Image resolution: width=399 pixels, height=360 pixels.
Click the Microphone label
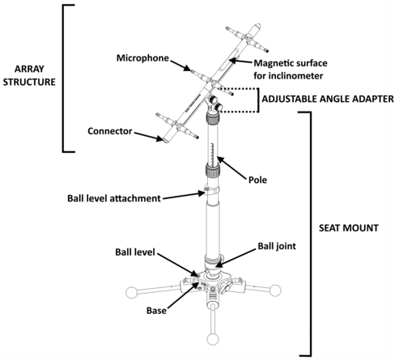[x=142, y=58]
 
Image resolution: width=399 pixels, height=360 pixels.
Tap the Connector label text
[x=110, y=131]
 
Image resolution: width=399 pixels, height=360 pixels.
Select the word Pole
[x=257, y=180]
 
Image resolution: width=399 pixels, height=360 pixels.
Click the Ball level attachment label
[x=114, y=198]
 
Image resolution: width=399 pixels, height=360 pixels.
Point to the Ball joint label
[x=277, y=246]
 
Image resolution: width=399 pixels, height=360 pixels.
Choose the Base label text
[x=156, y=311]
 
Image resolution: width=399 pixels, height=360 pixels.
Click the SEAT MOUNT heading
[x=349, y=228]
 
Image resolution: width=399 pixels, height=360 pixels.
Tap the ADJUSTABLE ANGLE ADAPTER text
[x=328, y=99]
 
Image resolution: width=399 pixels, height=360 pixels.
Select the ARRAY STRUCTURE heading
[x=29, y=75]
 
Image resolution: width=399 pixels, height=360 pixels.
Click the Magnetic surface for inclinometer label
[x=291, y=70]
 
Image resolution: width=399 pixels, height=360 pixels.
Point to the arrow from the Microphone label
[x=180, y=66]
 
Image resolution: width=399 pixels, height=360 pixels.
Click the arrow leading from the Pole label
[x=231, y=168]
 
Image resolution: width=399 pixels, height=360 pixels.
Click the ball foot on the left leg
[x=132, y=293]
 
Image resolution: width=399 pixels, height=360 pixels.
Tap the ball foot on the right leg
[x=275, y=290]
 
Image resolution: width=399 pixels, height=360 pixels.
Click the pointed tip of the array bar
[x=258, y=25]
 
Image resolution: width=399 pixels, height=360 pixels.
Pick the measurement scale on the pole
[x=212, y=155]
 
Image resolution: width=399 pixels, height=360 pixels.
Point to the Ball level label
[x=135, y=252]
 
